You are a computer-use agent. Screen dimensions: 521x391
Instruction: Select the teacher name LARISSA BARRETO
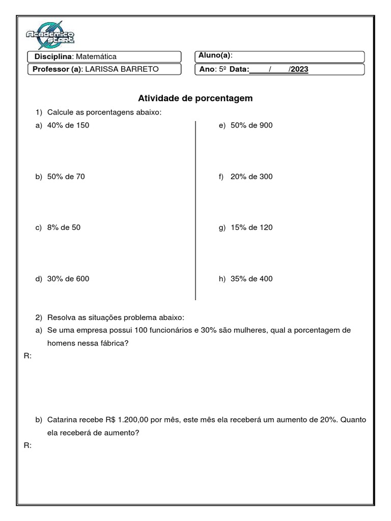click(x=122, y=69)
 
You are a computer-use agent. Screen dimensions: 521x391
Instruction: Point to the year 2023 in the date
click(x=299, y=69)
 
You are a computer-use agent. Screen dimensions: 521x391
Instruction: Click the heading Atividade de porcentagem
click(x=195, y=98)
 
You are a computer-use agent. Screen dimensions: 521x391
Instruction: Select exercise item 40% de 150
click(x=68, y=125)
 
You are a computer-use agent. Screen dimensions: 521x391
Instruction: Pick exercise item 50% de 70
click(x=66, y=177)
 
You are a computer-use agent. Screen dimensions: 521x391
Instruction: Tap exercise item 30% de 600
click(x=68, y=278)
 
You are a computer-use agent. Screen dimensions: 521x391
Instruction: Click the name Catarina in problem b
click(x=64, y=420)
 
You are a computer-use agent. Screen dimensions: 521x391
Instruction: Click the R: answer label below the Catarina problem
click(x=28, y=445)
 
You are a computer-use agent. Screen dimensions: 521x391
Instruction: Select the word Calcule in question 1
click(x=60, y=112)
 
